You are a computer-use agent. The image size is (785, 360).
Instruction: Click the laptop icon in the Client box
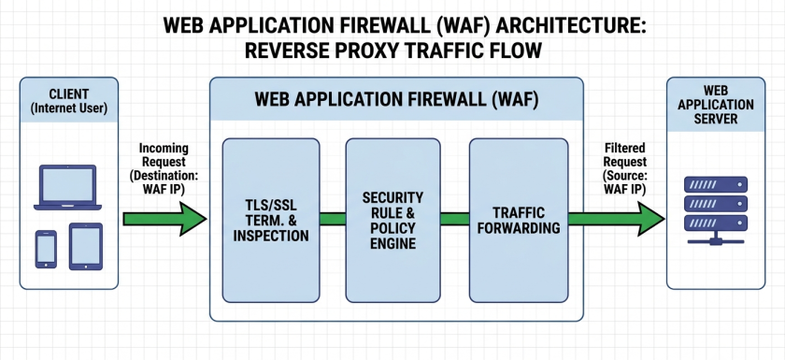(67, 187)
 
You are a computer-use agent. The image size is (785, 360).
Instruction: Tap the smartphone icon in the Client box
(46, 250)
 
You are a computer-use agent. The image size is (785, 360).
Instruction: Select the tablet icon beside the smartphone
(86, 247)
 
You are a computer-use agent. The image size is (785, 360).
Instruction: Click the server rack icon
(716, 210)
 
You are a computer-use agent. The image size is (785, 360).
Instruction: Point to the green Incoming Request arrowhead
(193, 219)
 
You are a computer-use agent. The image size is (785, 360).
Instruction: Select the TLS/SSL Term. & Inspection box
(271, 221)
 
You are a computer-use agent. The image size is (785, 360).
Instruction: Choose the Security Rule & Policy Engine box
(393, 221)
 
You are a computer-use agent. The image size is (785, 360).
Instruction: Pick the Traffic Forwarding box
(518, 221)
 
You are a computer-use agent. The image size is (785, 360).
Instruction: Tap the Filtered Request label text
(625, 169)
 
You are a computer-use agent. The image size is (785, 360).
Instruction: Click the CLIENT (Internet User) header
(69, 101)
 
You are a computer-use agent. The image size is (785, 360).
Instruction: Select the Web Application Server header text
(716, 104)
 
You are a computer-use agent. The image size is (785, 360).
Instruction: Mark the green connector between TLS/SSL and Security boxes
(333, 219)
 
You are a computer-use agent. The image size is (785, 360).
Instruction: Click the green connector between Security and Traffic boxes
(455, 219)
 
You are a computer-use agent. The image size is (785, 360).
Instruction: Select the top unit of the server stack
(716, 184)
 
